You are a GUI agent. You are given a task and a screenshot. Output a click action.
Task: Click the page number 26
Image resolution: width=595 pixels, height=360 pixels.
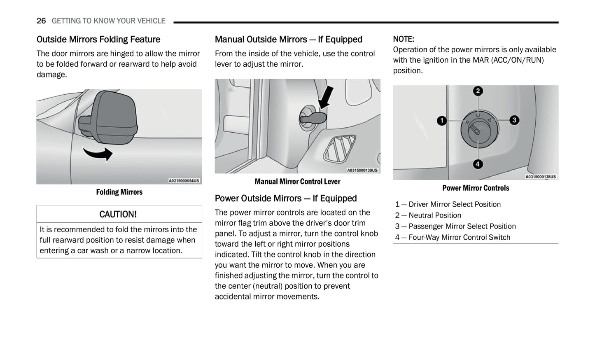41,21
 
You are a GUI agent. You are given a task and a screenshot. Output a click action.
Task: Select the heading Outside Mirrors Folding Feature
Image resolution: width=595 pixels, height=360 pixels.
98,40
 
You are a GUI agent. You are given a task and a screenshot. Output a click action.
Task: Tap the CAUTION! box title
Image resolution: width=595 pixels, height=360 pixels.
118,214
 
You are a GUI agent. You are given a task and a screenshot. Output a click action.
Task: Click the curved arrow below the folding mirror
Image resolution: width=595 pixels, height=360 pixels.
99,153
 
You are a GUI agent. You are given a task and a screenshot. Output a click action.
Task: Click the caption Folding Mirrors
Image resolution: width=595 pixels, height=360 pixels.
119,192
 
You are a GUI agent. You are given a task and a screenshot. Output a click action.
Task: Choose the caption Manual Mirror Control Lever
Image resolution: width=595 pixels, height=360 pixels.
297,182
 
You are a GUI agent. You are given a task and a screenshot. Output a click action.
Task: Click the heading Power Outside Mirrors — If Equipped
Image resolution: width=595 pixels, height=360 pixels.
286,199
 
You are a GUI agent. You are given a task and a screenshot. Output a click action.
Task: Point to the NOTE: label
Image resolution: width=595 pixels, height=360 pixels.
404,39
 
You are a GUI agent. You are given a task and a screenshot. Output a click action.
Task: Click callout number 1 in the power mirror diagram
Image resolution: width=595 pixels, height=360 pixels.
442,121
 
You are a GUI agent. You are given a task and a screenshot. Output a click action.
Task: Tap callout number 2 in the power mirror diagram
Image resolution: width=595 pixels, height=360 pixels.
478,91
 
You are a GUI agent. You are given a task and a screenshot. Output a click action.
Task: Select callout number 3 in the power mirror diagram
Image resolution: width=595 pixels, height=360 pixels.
514,120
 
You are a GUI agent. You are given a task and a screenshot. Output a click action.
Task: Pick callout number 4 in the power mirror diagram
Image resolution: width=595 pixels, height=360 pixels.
478,164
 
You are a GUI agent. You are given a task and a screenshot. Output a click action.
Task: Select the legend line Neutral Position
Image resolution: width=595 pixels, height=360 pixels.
428,215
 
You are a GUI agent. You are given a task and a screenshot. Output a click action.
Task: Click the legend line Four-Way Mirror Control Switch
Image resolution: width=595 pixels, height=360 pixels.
453,238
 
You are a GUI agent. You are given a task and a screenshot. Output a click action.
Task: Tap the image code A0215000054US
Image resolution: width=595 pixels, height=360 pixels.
184,181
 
